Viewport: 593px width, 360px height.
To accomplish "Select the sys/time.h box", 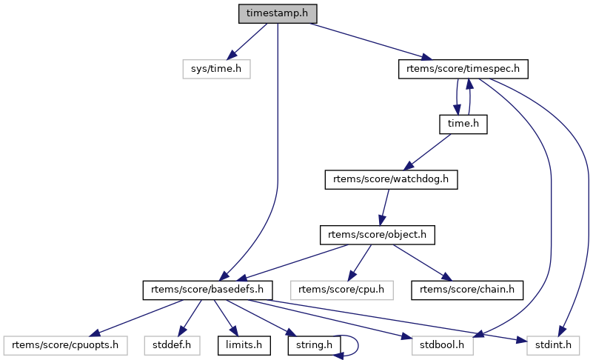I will pos(216,69).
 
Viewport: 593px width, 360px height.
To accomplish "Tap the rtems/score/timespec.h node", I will pos(464,69).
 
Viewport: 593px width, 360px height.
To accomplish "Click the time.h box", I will pos(463,124).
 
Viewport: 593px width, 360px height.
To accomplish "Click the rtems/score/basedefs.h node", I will pos(209,290).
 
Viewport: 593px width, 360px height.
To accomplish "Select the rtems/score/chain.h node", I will pos(467,290).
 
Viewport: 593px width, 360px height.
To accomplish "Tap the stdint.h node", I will pos(553,344).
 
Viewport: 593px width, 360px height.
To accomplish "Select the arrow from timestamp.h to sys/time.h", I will pos(247,41).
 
